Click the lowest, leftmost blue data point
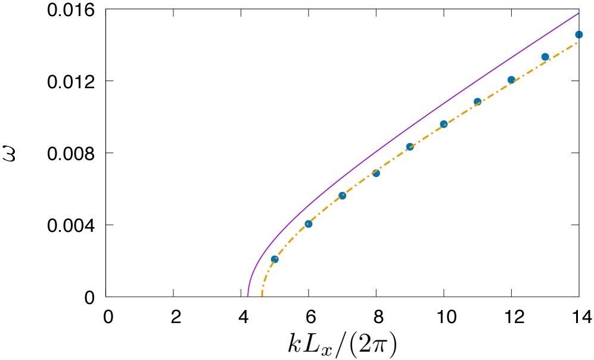275,259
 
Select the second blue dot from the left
309,224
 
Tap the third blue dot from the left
343,195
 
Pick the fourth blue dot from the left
376,173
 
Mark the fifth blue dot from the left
410,147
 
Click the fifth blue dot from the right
444,124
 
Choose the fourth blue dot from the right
477,102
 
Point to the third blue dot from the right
511,80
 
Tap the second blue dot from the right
545,57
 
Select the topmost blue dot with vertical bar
579,35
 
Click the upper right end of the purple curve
578,13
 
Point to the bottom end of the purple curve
248,295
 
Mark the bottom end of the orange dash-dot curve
262,295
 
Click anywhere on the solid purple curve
417,122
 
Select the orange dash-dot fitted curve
393,159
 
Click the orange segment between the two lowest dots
291,240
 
